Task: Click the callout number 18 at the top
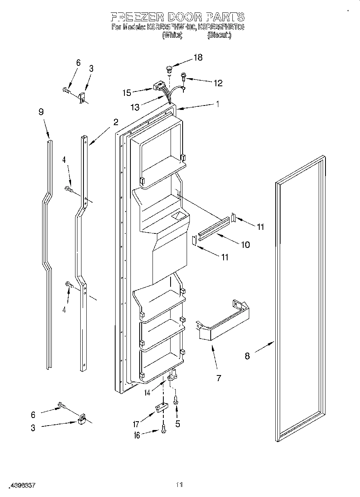click(198, 57)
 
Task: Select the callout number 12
click(218, 83)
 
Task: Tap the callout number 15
click(126, 93)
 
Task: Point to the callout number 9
click(41, 112)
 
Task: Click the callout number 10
click(245, 244)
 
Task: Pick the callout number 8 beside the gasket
click(247, 355)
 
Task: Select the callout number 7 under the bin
click(218, 378)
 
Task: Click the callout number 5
click(177, 423)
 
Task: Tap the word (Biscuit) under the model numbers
click(219, 36)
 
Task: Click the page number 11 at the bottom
click(179, 485)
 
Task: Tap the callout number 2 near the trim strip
click(116, 122)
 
